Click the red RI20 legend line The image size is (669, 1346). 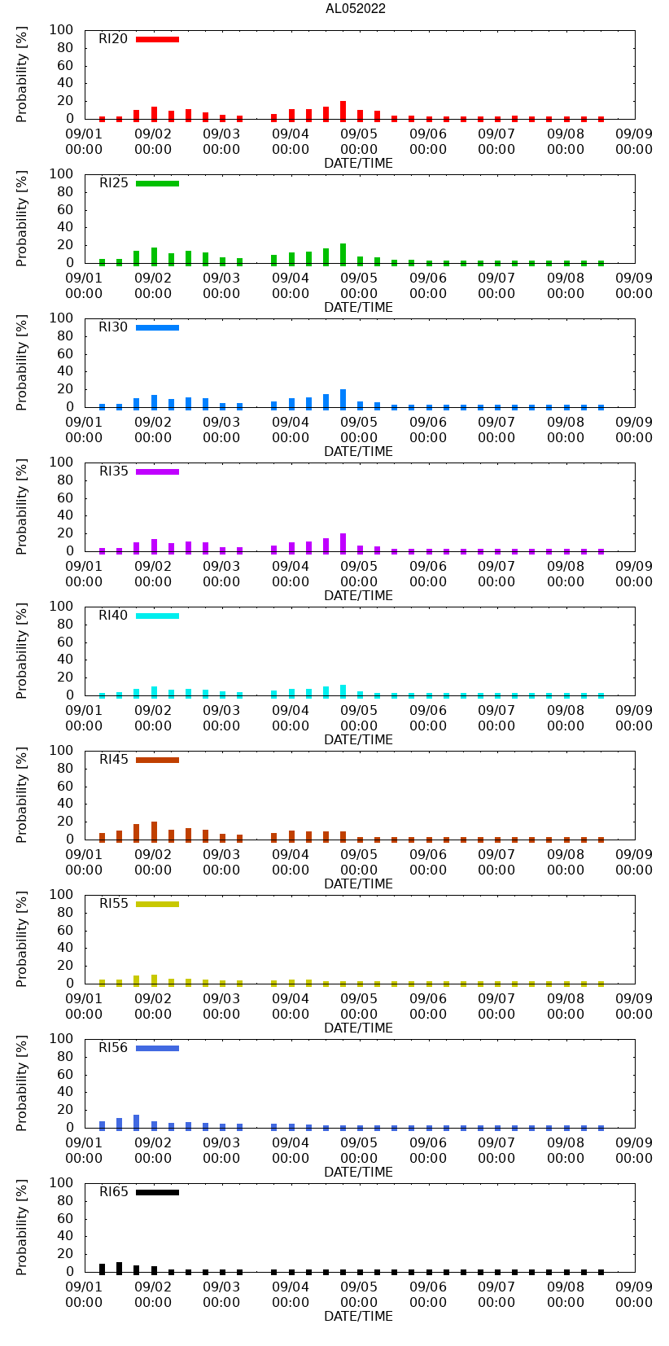(157, 39)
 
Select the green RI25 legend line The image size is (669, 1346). (157, 183)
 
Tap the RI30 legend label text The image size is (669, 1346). (113, 327)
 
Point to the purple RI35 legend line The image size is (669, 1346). (157, 471)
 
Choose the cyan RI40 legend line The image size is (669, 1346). (157, 616)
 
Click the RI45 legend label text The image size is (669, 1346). (113, 760)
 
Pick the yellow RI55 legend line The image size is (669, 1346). (157, 904)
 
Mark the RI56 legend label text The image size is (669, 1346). (113, 1048)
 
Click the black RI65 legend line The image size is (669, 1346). (157, 1192)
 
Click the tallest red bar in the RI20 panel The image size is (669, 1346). (343, 110)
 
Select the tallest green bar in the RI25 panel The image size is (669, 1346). (343, 253)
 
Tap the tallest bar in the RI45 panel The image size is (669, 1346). (154, 831)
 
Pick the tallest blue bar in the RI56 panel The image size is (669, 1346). (137, 1121)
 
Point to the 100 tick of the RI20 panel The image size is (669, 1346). (62, 30)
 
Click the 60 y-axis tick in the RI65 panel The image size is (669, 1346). (65, 1218)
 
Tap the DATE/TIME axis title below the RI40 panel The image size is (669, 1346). (358, 739)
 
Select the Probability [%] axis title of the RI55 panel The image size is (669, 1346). (22, 939)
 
